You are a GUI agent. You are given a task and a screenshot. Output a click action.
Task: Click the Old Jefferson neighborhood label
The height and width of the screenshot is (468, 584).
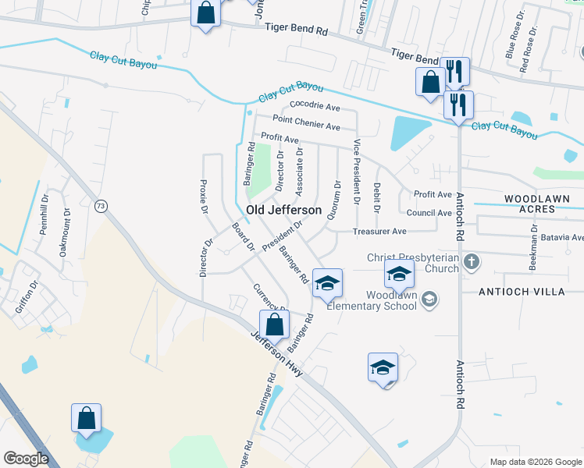pyautogui.click(x=283, y=211)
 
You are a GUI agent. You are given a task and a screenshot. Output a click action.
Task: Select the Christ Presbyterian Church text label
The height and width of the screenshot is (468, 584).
pyautogui.click(x=413, y=263)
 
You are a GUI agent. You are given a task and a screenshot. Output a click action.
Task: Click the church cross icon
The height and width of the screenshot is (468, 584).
pyautogui.click(x=471, y=262)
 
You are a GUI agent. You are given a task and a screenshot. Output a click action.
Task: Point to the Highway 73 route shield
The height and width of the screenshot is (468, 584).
pyautogui.click(x=100, y=206)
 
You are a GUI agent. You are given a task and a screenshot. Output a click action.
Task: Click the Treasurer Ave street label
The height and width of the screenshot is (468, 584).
pyautogui.click(x=379, y=232)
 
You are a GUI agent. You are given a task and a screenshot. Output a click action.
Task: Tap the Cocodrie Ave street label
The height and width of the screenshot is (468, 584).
pyautogui.click(x=315, y=106)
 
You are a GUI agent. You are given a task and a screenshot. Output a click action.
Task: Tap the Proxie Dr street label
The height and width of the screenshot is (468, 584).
pyautogui.click(x=204, y=197)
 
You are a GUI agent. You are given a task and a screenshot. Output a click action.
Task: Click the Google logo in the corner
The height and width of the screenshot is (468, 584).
pyautogui.click(x=26, y=459)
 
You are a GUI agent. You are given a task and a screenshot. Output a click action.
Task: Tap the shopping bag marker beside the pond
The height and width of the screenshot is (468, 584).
pyautogui.click(x=86, y=418)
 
